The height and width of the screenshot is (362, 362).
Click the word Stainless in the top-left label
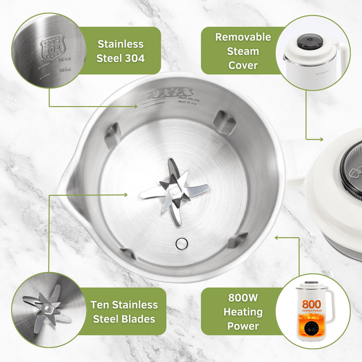pyautogui.click(x=120, y=44)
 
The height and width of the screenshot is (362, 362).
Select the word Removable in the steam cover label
pyautogui.click(x=243, y=37)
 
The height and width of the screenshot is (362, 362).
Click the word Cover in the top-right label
pyautogui.click(x=243, y=65)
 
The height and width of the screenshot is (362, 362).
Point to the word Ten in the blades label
pyautogui.click(x=100, y=305)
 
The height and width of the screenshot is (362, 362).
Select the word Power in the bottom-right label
pyautogui.click(x=244, y=326)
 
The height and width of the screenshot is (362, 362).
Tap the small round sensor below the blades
pyautogui.click(x=180, y=243)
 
